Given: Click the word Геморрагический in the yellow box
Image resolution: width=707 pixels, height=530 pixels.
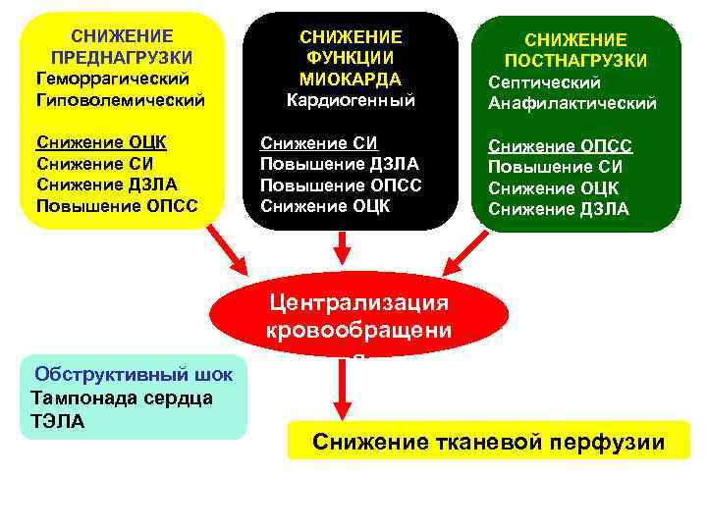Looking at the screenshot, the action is [x=111, y=77].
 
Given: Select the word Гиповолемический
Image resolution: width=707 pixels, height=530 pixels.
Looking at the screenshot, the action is [x=120, y=99].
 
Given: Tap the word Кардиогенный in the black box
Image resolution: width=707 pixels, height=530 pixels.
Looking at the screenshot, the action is [x=351, y=100].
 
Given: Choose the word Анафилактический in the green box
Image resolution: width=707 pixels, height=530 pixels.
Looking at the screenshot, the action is [x=572, y=104].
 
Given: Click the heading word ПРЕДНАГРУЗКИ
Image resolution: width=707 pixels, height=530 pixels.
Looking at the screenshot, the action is [x=121, y=56].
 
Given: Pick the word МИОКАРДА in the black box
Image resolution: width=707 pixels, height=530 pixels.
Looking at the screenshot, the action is [x=351, y=79].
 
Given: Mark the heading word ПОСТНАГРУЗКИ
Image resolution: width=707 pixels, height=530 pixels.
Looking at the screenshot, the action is [x=575, y=61].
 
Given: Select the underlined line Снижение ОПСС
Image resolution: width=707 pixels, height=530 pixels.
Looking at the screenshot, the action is [x=560, y=145].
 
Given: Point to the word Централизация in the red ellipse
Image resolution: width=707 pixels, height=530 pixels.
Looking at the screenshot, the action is [x=357, y=301].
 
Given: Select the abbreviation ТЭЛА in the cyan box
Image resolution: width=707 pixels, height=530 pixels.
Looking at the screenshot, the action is [x=58, y=421].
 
